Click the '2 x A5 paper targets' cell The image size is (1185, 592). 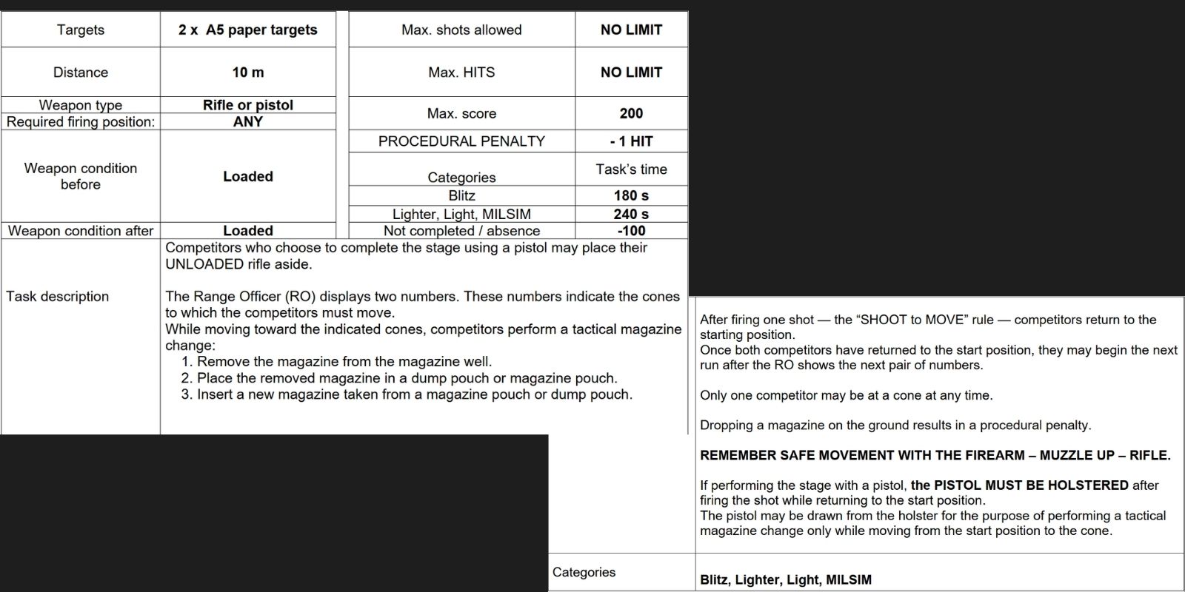click(x=247, y=30)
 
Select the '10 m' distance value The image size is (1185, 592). click(x=247, y=73)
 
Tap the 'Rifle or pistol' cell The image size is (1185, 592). click(x=247, y=105)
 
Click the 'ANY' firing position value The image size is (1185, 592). click(x=247, y=122)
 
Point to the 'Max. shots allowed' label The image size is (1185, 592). click(x=461, y=30)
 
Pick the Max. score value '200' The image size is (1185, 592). click(x=631, y=113)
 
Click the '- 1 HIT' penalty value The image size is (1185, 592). click(x=631, y=141)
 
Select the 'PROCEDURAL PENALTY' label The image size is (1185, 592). click(x=461, y=141)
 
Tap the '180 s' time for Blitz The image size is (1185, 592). click(x=631, y=195)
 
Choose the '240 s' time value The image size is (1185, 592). click(x=631, y=214)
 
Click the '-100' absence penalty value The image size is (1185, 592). click(x=631, y=231)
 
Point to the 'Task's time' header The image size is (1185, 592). click(x=631, y=169)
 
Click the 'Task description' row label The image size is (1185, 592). click(x=58, y=297)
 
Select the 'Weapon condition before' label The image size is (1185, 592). click(x=80, y=176)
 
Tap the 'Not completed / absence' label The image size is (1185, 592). click(x=461, y=231)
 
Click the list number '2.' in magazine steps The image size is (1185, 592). click(x=187, y=378)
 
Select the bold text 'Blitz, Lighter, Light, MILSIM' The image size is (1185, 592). click(x=786, y=580)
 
